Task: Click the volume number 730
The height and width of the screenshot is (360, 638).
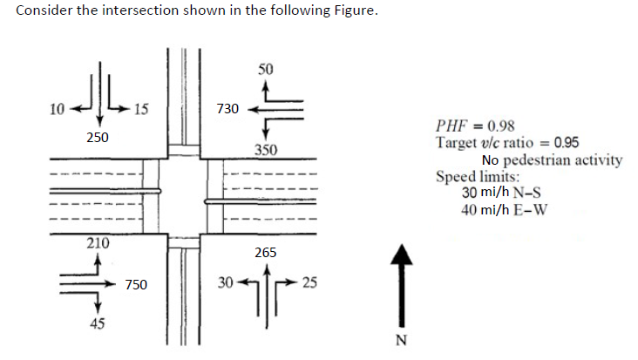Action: [227, 109]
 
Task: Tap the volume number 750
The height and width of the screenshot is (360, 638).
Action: [135, 284]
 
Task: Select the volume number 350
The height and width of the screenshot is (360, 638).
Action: [266, 150]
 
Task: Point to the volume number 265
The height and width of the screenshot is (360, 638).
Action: [266, 253]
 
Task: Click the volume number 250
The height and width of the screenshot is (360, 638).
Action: [98, 138]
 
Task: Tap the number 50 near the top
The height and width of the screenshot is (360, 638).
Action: [266, 68]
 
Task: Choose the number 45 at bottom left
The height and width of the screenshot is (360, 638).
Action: [98, 323]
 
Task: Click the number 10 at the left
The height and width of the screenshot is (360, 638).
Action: [57, 109]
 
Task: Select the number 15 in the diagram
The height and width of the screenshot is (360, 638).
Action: [141, 109]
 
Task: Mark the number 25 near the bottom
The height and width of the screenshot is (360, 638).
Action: [311, 282]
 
